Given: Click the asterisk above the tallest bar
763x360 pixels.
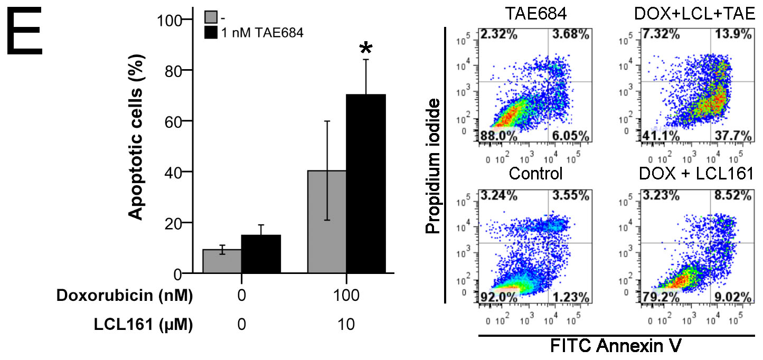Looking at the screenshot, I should tap(365, 49).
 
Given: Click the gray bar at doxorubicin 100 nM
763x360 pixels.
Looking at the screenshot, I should tap(327, 222).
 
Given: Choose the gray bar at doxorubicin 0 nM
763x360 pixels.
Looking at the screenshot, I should tap(222, 261).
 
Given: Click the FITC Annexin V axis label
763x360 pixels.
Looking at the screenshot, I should tap(617, 347).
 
